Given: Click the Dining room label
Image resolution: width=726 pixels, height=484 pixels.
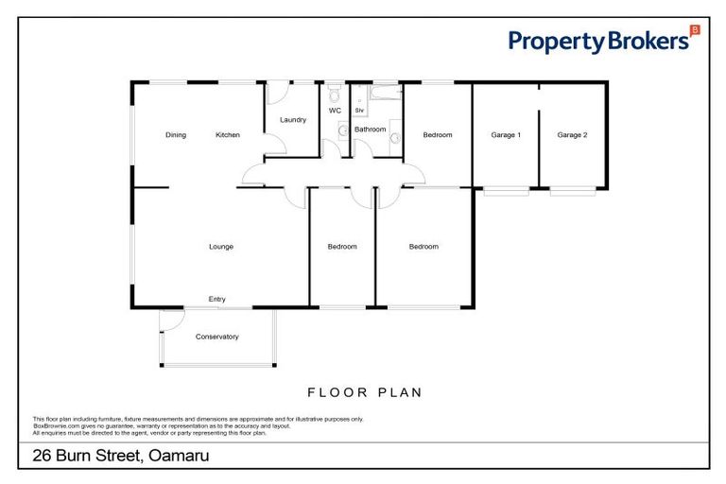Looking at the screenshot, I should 176,135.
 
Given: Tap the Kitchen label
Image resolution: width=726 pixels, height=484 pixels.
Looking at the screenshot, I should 228,135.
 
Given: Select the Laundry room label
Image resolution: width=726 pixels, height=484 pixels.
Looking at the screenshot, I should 293,120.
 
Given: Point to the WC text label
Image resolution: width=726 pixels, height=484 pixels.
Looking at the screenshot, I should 335,111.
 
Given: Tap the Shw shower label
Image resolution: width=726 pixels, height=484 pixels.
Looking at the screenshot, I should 359,111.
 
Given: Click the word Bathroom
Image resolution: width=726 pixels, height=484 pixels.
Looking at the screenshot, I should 370,129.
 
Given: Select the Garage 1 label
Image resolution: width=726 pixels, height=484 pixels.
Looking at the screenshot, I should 506,135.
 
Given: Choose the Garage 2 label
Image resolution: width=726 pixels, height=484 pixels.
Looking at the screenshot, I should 572,135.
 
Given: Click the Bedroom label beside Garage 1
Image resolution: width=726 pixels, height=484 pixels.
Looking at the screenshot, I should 437,135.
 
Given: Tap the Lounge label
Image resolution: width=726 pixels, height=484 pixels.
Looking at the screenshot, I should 221,247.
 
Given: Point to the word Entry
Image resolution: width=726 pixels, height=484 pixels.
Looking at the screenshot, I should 217,300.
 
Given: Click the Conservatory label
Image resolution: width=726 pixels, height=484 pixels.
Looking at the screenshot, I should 216,337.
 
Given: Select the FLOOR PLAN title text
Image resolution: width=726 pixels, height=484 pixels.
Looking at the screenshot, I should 364,391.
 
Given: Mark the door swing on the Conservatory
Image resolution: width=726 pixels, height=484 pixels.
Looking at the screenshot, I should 167,321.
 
